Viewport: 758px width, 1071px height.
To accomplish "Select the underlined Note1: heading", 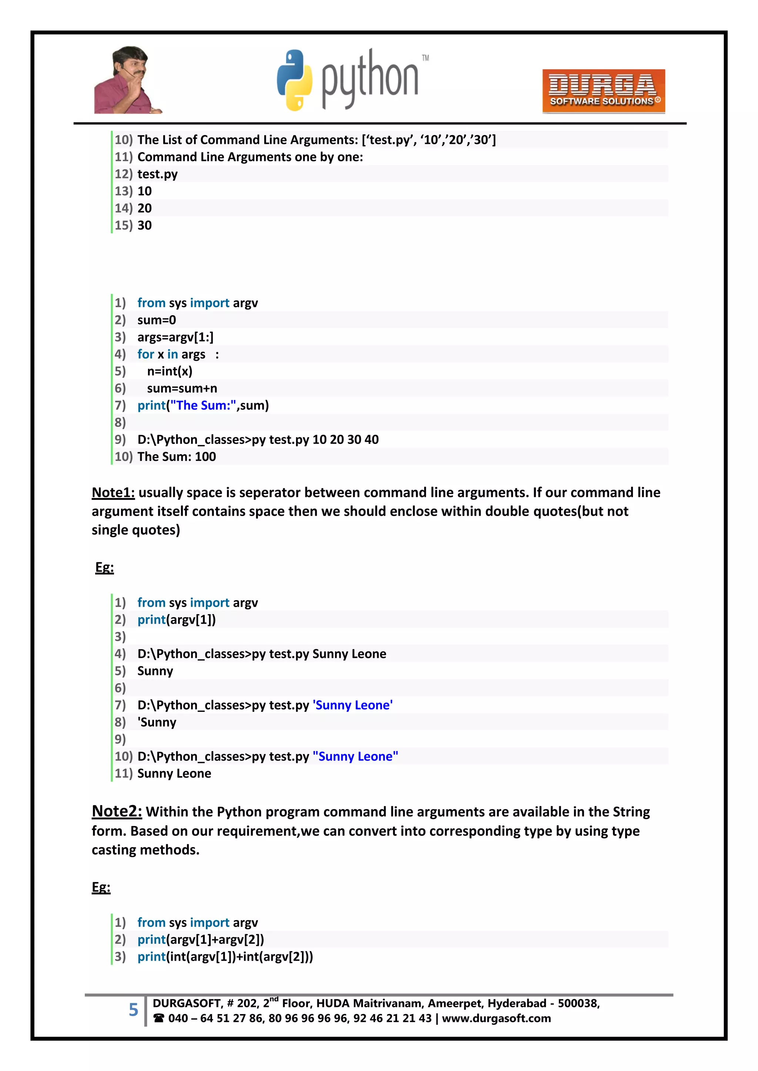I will [x=113, y=492].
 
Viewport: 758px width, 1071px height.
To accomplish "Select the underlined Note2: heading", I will [x=117, y=811].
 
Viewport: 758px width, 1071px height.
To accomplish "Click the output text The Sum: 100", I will [x=177, y=457].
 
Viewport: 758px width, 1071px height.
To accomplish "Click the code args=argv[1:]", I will [x=175, y=337].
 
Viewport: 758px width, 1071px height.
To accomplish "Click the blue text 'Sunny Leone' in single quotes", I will [x=352, y=705].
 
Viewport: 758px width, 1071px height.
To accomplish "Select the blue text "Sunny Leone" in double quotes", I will [x=355, y=756].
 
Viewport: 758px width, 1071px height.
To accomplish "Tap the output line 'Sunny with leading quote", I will [x=157, y=722].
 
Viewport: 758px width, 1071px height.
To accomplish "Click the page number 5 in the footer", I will [x=134, y=1010].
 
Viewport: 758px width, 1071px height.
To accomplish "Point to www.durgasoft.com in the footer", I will [x=496, y=1018].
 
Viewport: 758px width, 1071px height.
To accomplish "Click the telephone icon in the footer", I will [x=159, y=1018].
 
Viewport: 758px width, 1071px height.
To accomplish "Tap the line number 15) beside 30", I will [x=124, y=225].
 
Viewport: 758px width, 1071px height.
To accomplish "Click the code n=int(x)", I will [x=170, y=371].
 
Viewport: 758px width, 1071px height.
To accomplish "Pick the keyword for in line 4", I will [x=145, y=354].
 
